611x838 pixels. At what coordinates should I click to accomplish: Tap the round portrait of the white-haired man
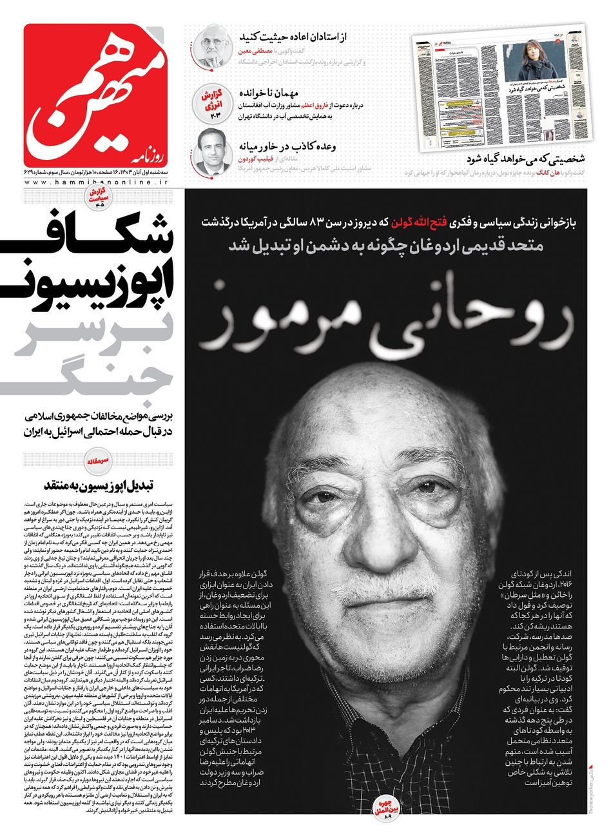[211, 45]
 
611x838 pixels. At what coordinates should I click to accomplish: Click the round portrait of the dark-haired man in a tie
[210, 153]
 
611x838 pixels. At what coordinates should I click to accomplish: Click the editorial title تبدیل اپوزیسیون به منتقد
[106, 483]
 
